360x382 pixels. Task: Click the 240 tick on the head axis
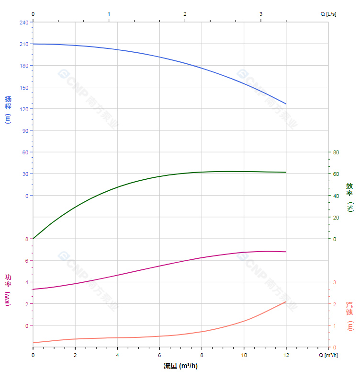click(x=24, y=22)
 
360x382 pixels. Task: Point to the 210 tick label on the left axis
click(x=24, y=44)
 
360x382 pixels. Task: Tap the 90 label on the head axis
click(x=25, y=130)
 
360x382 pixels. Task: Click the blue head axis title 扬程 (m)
click(x=8, y=110)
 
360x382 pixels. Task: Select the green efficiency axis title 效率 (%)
click(x=350, y=197)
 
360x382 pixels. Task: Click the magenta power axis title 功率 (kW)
click(x=8, y=290)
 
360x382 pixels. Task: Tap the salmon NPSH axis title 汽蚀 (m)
click(x=350, y=315)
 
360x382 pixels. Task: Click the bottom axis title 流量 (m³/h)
click(x=180, y=366)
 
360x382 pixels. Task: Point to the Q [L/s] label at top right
click(x=328, y=14)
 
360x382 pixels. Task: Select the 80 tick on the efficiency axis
click(x=336, y=152)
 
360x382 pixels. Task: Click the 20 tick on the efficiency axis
click(x=336, y=217)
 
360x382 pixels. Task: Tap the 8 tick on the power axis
click(x=27, y=239)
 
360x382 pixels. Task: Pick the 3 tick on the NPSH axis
click(x=335, y=282)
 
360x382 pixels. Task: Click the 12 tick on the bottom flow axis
click(x=286, y=355)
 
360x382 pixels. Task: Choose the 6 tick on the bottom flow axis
click(x=159, y=355)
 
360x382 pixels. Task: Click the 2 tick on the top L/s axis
click(x=185, y=14)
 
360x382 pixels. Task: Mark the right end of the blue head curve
click(x=286, y=104)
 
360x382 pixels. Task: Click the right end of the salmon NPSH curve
click(x=286, y=301)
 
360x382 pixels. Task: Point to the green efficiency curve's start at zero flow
click(x=33, y=239)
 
